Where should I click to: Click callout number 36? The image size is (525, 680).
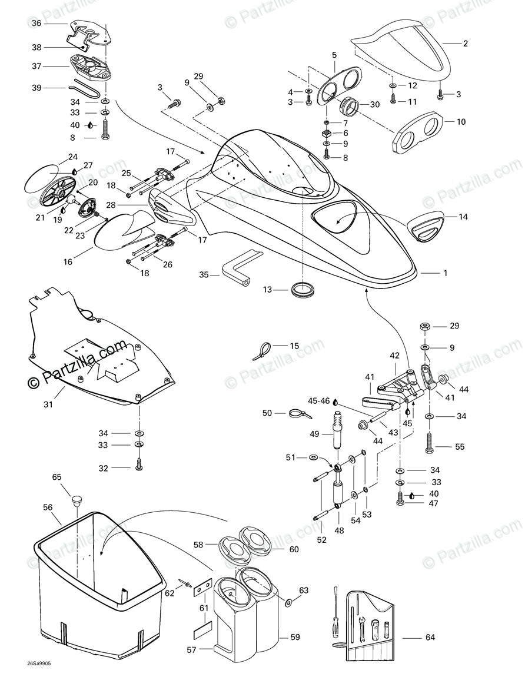(x=36, y=24)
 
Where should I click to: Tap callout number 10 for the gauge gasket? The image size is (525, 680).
(x=461, y=122)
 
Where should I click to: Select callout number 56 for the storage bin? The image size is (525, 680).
(x=48, y=506)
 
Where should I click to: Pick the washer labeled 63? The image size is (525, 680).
(x=289, y=603)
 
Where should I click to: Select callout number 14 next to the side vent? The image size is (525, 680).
(x=463, y=217)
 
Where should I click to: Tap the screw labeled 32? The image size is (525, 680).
(x=139, y=465)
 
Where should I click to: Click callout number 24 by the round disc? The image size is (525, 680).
(x=72, y=157)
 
